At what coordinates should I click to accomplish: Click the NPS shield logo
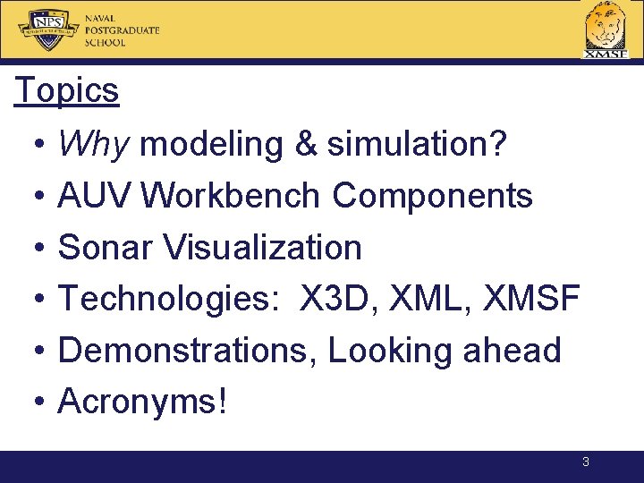point(48,30)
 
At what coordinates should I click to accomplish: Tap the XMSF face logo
point(606,30)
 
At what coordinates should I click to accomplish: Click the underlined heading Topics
point(66,90)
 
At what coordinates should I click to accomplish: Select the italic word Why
point(94,144)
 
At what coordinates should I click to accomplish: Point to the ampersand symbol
point(307,143)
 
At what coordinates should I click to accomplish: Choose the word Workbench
point(230,195)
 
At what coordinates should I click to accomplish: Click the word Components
point(432,196)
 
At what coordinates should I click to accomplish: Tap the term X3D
point(334,297)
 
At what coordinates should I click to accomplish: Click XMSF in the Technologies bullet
point(531,297)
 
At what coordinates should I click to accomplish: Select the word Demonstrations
point(182,350)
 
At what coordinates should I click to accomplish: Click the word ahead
point(512,349)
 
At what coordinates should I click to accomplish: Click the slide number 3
point(586,462)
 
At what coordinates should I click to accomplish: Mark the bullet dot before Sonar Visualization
point(39,247)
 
